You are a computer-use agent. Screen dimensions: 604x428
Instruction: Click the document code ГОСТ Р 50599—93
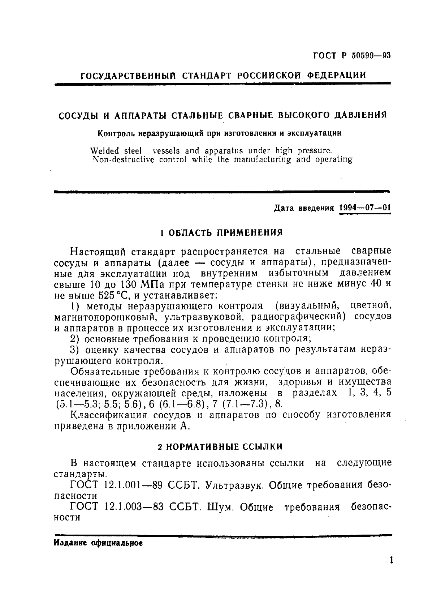pos(351,56)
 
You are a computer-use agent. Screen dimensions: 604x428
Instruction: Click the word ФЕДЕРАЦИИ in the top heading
pos(336,75)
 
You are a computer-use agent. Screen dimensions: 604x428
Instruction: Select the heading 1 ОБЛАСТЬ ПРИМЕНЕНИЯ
pos(221,232)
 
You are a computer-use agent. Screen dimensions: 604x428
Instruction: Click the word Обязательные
pos(105,371)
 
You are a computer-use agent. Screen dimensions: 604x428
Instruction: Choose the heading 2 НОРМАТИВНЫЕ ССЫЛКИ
pos(220,447)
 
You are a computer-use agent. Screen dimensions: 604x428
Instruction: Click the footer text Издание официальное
pos(98,543)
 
